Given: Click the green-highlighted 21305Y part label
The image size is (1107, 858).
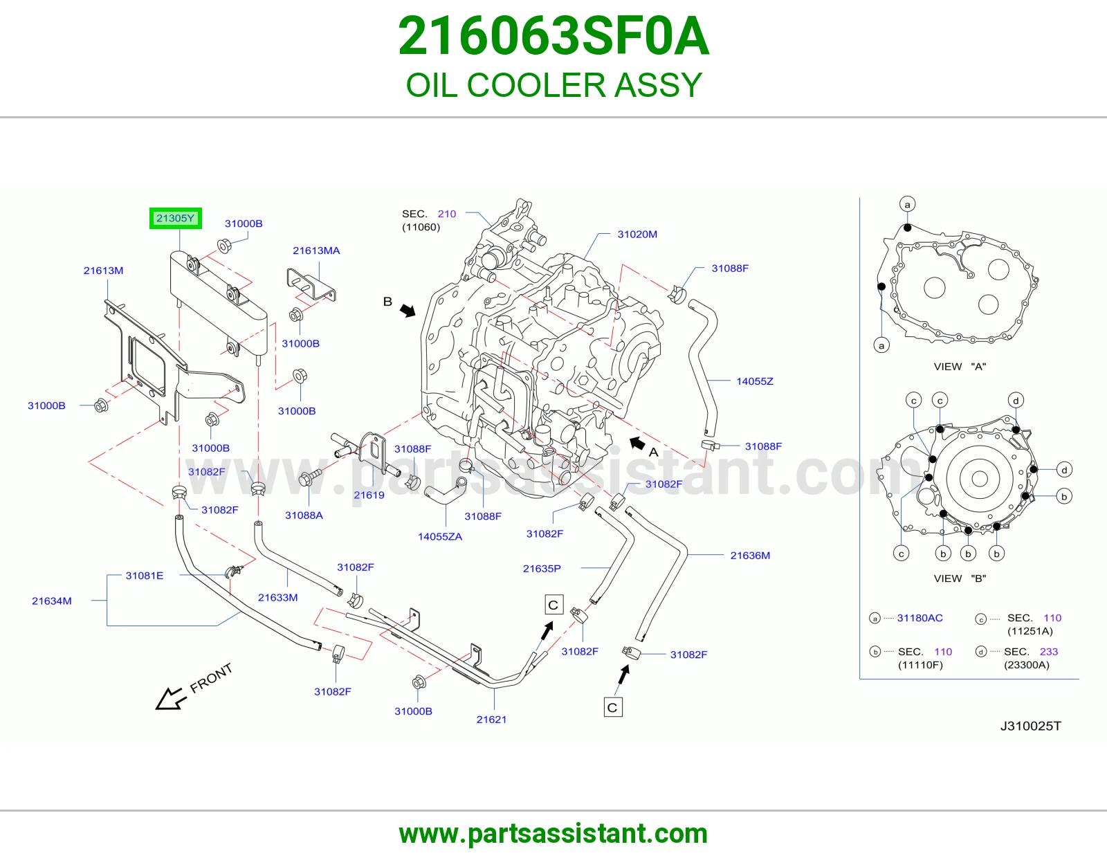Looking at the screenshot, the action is tap(175, 218).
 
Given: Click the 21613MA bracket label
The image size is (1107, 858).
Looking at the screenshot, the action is tap(316, 250).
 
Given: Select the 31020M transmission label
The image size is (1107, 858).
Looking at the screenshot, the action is tap(637, 235).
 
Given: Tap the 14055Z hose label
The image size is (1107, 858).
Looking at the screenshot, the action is tap(754, 381).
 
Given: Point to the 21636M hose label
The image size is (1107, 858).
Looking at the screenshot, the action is tap(750, 556).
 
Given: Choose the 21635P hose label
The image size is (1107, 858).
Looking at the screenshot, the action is tap(542, 569).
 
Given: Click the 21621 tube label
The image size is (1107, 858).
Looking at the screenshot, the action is tap(491, 720).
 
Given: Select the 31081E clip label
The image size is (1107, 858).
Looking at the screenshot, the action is tap(144, 576).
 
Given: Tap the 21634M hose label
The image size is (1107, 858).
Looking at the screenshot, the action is tap(51, 601).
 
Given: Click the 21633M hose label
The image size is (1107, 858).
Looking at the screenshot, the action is tap(277, 598).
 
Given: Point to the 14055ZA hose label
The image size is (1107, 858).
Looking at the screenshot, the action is tap(439, 536).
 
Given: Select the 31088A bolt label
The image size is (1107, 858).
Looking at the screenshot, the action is tap(304, 515).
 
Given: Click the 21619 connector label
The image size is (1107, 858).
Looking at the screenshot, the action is tap(369, 495).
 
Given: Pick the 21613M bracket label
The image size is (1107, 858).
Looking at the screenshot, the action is tap(103, 271).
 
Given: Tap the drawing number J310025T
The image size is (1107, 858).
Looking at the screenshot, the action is tap(1031, 727).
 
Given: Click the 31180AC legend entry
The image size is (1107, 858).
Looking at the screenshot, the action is tap(920, 618).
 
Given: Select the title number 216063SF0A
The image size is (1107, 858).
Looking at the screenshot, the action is tap(553, 36).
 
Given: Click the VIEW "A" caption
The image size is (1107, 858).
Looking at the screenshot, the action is tap(960, 367).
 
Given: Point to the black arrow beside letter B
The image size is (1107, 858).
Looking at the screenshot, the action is tap(408, 310).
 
